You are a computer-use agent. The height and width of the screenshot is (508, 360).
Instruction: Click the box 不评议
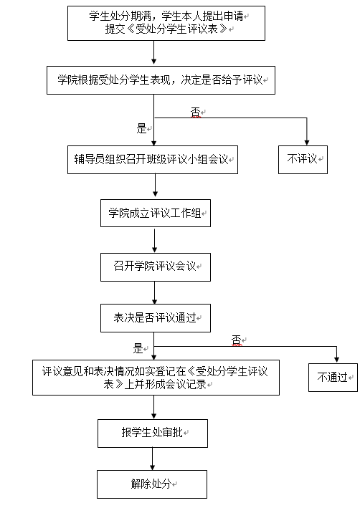303,160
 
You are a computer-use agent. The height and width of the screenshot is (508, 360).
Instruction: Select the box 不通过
333,378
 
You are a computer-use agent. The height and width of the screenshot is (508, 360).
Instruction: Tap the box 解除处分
152,484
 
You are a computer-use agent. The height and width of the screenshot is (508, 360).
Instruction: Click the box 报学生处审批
153,433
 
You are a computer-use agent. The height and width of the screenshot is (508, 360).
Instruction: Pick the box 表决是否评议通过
156,318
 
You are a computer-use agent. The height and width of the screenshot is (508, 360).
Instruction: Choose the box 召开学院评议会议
156,267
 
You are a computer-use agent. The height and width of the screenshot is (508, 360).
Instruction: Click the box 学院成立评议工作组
156,214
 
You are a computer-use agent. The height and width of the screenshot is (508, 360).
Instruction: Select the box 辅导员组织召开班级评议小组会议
153,160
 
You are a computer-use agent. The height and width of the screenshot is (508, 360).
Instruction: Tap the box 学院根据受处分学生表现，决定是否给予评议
161,80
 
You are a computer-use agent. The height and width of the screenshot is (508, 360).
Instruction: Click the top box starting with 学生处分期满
166,24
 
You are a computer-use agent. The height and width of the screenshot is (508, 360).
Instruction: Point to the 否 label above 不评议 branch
195,112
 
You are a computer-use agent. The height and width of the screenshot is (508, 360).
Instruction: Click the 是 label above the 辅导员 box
141,128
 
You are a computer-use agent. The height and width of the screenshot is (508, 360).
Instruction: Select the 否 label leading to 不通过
237,340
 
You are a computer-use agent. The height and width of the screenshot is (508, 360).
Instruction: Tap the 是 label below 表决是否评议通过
138,348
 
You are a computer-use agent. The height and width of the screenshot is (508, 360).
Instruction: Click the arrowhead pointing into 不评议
306,143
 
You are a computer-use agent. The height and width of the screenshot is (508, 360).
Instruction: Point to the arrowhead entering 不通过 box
336,360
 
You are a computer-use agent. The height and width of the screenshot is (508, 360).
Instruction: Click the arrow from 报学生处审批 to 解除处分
153,459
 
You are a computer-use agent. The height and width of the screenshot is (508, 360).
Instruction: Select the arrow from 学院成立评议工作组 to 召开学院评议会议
154,241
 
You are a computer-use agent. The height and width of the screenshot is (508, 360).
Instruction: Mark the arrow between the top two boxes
153,52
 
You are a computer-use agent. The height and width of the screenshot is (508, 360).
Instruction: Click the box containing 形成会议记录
156,378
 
